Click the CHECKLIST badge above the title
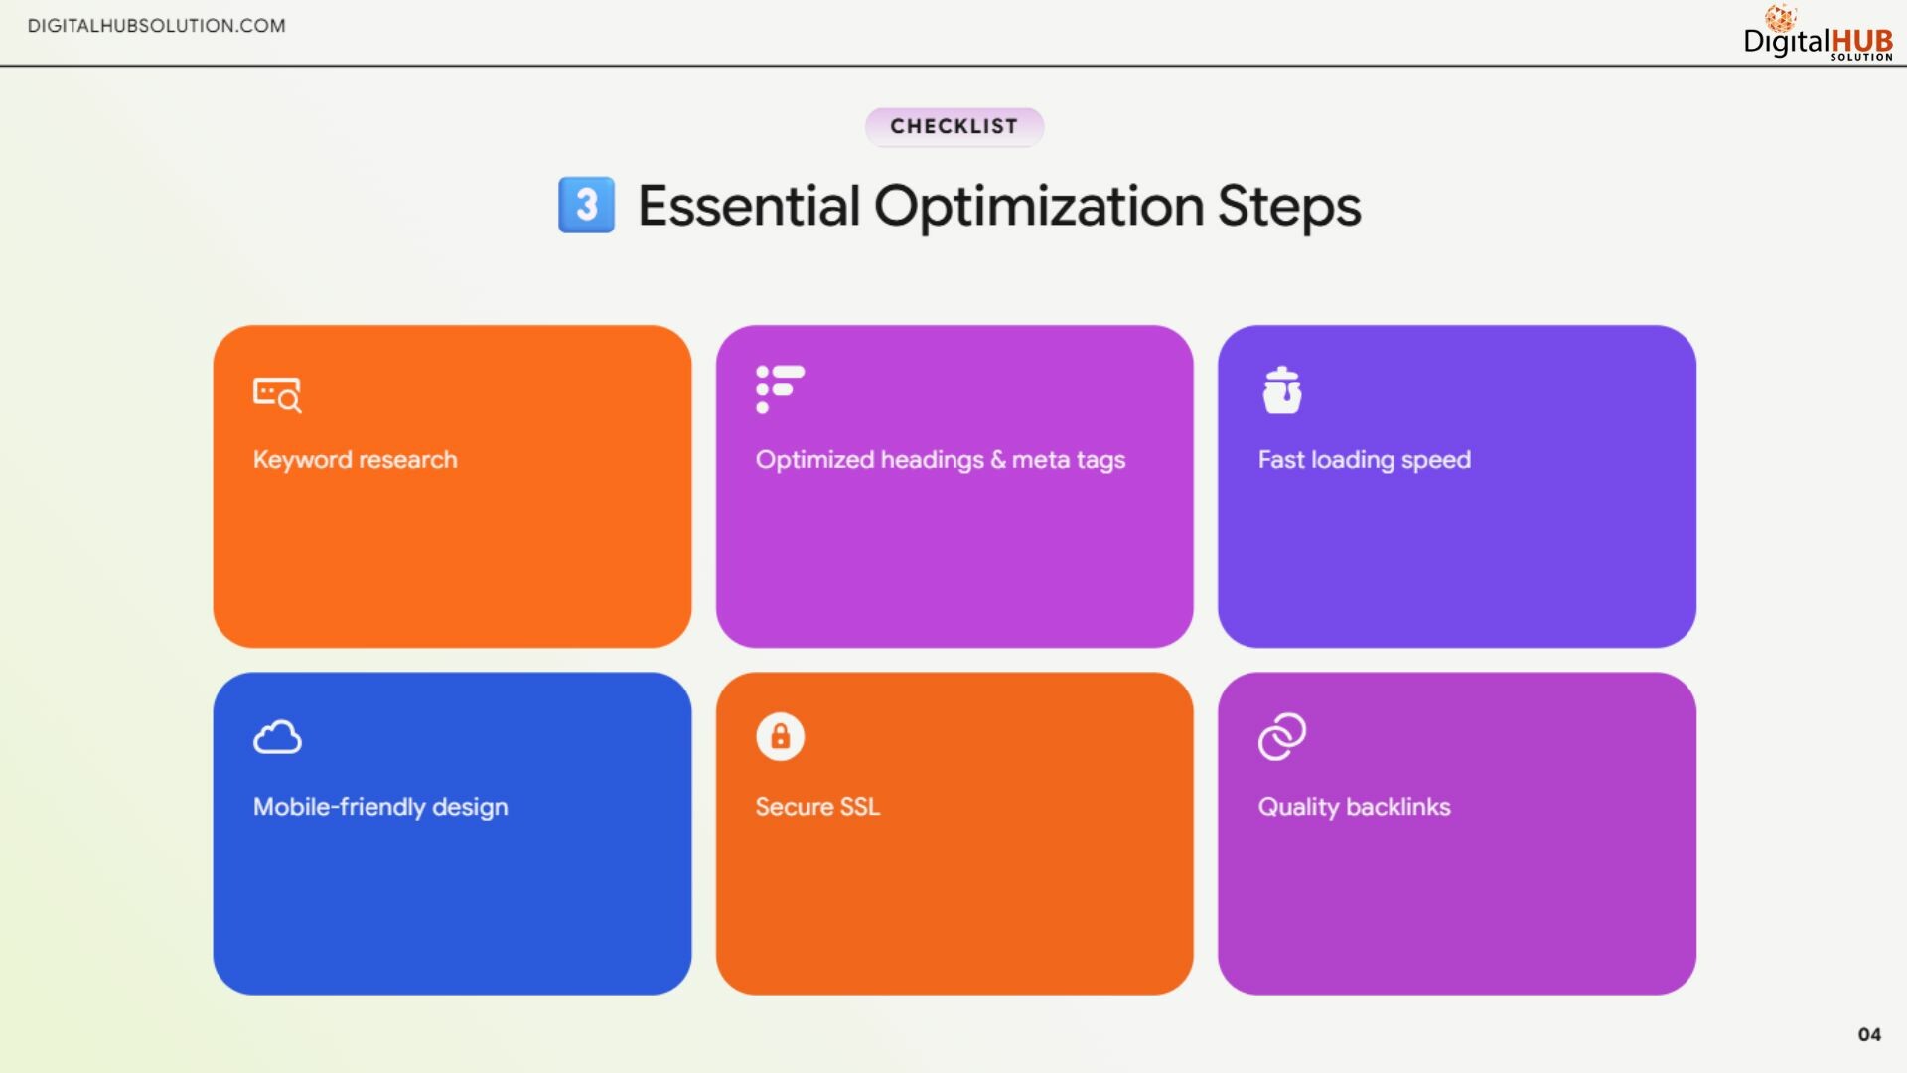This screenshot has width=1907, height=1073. (953, 126)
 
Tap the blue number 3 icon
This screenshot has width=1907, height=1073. (586, 205)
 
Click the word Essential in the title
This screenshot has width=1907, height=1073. (749, 206)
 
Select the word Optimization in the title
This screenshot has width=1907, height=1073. (1039, 208)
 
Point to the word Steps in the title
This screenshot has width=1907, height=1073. (1289, 208)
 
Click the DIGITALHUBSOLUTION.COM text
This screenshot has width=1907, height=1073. (157, 26)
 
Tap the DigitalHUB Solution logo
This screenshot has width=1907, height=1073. (1819, 34)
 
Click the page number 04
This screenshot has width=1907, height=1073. (1869, 1034)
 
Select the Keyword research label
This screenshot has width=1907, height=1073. (356, 460)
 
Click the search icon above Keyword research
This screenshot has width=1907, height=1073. (277, 394)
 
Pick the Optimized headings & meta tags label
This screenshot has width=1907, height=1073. (941, 460)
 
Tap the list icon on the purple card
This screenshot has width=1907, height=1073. (780, 388)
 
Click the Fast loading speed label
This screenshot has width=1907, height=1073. (1365, 460)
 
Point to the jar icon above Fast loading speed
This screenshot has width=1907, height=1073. (1282, 389)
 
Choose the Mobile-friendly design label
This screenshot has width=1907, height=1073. (380, 807)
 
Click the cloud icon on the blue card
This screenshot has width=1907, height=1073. (277, 737)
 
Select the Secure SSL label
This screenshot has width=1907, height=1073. (817, 807)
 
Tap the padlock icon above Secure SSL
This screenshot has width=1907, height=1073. (780, 736)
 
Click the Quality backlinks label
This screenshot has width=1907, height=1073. (1355, 807)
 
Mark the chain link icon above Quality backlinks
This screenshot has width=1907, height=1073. (1282, 736)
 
